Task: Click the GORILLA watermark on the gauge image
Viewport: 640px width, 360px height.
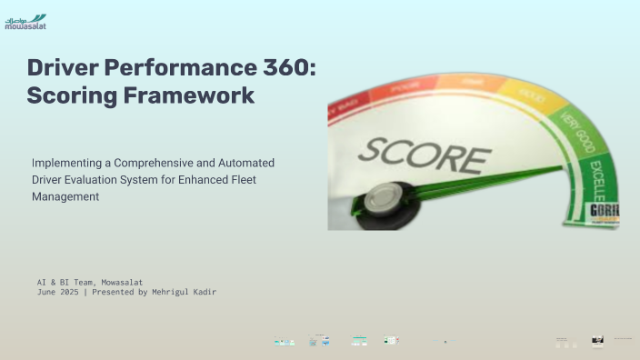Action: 606,211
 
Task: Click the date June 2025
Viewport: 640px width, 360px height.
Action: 56,292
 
